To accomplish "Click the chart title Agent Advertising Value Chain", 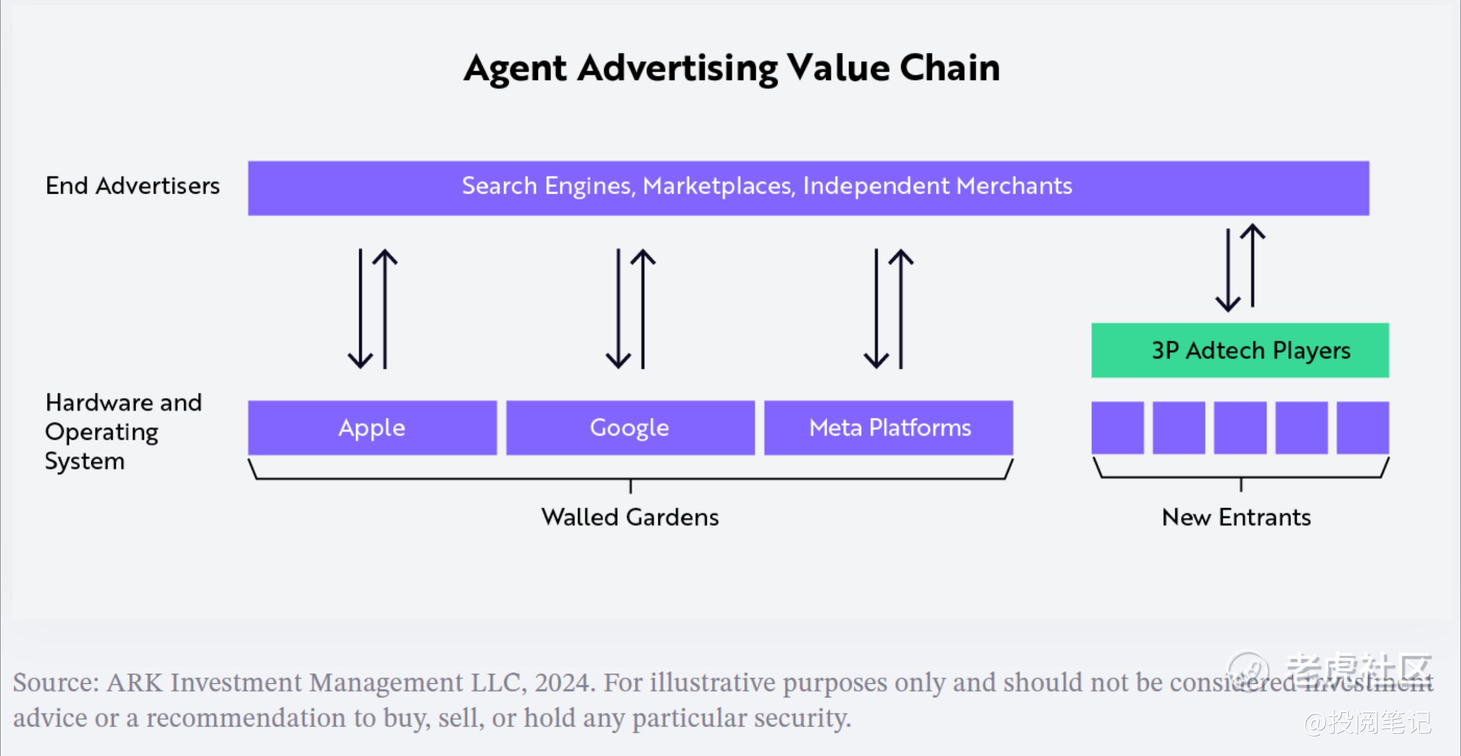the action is pos(732,69).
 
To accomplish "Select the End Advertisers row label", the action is pos(133,185).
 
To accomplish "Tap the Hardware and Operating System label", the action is pos(124,432).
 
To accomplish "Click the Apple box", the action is pos(372,427).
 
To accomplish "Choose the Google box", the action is pos(630,427).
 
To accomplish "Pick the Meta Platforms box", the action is pos(888,427).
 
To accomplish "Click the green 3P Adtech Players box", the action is pos(1240,350).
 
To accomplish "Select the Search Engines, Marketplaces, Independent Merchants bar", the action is pos(808,188).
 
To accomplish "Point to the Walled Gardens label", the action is pos(630,517).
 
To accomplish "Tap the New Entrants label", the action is pos(1236,517).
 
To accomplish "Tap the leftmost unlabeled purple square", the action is pos(1117,427).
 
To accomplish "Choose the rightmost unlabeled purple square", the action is pos(1363,427).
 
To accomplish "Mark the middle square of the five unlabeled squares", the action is pos(1240,427).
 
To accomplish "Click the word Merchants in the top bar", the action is pos(1014,185).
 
